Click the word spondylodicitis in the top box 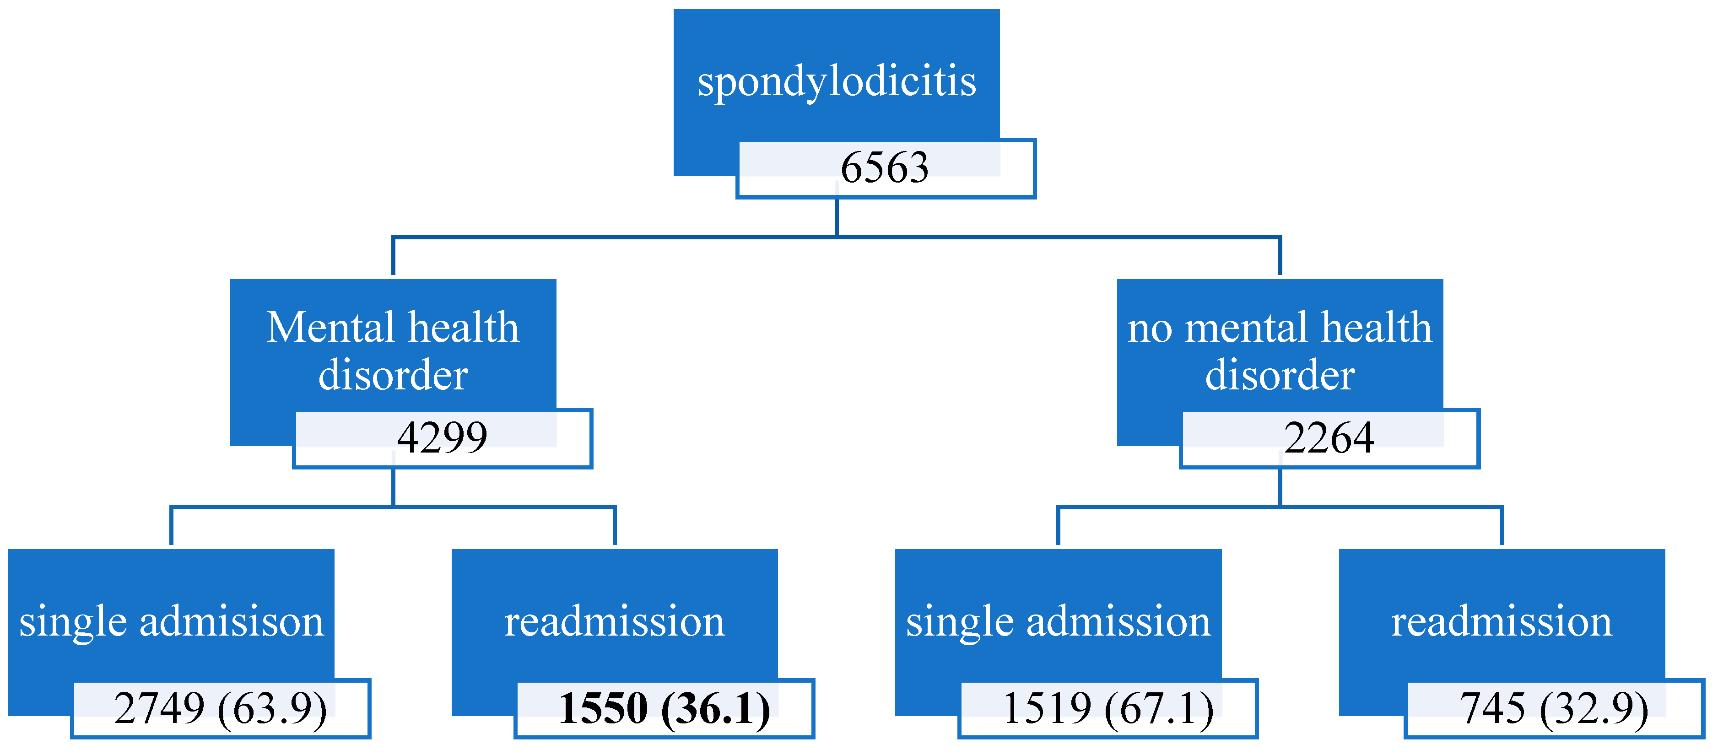tap(836, 81)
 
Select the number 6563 tap(884, 167)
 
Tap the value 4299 tap(442, 438)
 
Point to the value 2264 tap(1329, 438)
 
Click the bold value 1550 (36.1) tap(664, 708)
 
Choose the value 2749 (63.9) tap(221, 708)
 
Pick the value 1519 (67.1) tap(1108, 708)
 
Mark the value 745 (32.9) tap(1554, 708)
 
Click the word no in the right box tap(1150, 329)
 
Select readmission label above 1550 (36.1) tap(614, 621)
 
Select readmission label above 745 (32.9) tap(1501, 621)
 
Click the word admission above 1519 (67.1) tap(1118, 621)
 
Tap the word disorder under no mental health tap(1280, 375)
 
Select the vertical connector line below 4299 tap(394, 487)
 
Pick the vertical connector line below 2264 tap(1280, 487)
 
